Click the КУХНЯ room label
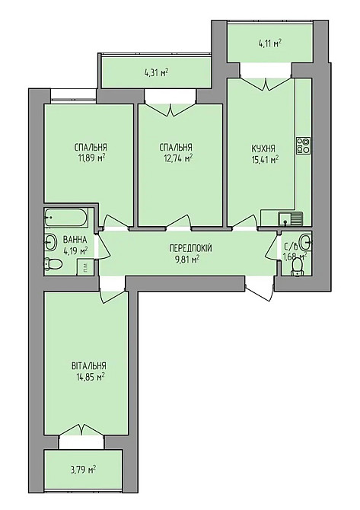tap(263, 148)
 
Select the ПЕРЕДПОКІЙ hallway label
tap(190, 249)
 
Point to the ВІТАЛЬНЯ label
tap(88, 365)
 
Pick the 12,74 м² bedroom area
tap(177, 158)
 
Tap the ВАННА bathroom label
tap(75, 240)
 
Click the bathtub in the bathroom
tap(66, 217)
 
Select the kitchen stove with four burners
tap(304, 145)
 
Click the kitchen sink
tap(290, 218)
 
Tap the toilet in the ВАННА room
tap(53, 263)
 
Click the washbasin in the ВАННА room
tap(50, 242)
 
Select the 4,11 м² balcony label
tap(270, 43)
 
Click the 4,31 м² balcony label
tap(156, 72)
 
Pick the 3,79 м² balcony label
tap(84, 470)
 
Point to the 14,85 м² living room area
tap(89, 377)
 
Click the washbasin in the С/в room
tap(306, 242)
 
